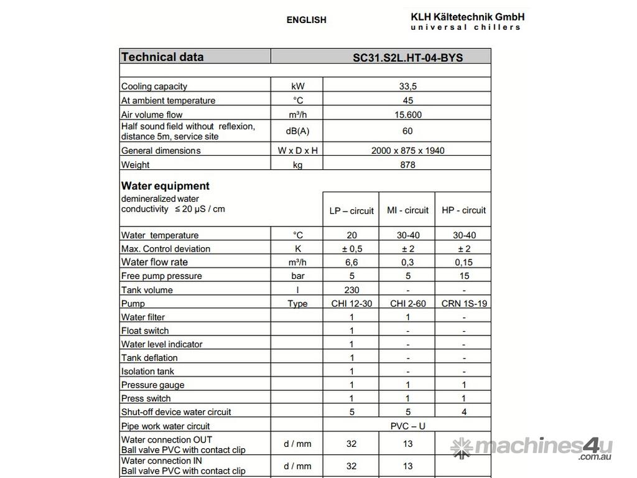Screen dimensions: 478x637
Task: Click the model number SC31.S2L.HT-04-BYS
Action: pyautogui.click(x=407, y=57)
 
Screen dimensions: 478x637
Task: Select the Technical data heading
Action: pyautogui.click(x=162, y=57)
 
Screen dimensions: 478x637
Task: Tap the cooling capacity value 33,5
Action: pyautogui.click(x=407, y=87)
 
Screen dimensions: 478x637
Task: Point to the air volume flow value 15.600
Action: pyautogui.click(x=407, y=115)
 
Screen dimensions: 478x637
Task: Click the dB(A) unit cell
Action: pyautogui.click(x=297, y=131)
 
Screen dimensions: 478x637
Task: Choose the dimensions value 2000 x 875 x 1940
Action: pyautogui.click(x=407, y=151)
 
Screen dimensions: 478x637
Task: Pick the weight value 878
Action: pyautogui.click(x=407, y=165)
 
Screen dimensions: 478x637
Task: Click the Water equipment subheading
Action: pyautogui.click(x=165, y=185)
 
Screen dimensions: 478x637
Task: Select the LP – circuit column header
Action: pyautogui.click(x=351, y=210)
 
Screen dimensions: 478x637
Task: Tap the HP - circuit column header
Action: pyautogui.click(x=463, y=210)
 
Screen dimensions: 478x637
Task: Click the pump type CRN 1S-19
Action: pyautogui.click(x=463, y=304)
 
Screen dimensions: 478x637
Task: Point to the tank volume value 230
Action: pyautogui.click(x=351, y=290)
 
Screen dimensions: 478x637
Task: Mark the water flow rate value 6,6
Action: pyautogui.click(x=351, y=262)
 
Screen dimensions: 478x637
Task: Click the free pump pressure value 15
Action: pyautogui.click(x=463, y=276)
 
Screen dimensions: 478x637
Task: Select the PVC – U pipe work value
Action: pyautogui.click(x=407, y=426)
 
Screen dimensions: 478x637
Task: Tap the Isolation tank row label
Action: pyautogui.click(x=147, y=372)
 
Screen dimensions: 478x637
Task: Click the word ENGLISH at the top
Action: pyautogui.click(x=306, y=20)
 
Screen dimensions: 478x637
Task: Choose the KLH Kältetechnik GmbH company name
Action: pyautogui.click(x=467, y=17)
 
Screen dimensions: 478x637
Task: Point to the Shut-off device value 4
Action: pyautogui.click(x=463, y=412)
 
